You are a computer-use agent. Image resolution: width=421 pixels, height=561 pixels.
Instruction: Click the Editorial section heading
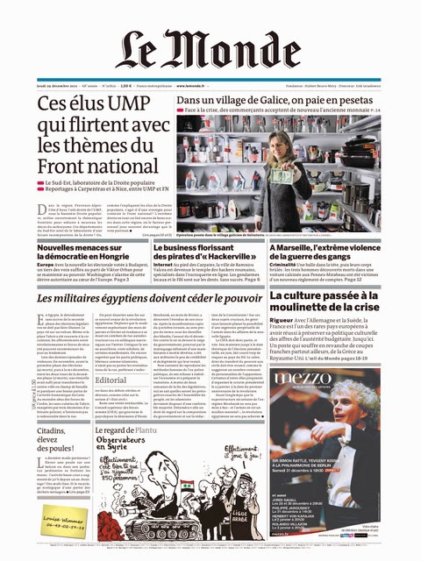[112, 380]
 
